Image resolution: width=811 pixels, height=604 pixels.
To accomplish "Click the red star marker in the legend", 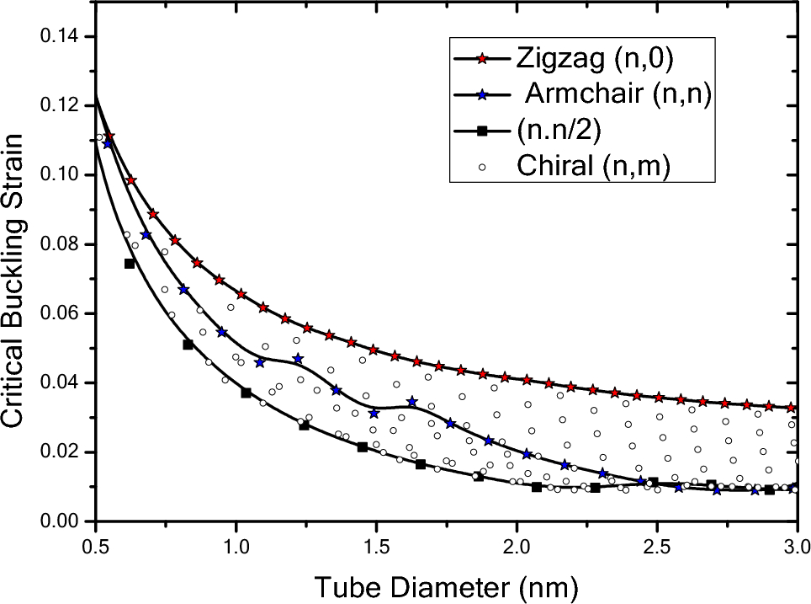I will (481, 59).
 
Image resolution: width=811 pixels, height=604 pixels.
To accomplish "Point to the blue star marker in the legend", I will (481, 95).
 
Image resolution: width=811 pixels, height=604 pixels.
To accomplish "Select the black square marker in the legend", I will (481, 131).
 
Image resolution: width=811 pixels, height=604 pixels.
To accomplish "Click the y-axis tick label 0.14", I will (61, 36).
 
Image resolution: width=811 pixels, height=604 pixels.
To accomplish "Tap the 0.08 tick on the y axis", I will (61, 244).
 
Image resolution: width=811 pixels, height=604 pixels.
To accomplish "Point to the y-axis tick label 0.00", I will (61, 521).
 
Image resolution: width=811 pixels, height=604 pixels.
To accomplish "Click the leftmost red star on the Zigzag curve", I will (109, 136).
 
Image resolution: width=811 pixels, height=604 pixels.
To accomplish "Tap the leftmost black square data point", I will (130, 264).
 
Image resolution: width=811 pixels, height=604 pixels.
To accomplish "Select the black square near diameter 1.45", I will (363, 446).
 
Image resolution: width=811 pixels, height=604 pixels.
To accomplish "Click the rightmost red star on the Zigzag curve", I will (790, 408).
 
